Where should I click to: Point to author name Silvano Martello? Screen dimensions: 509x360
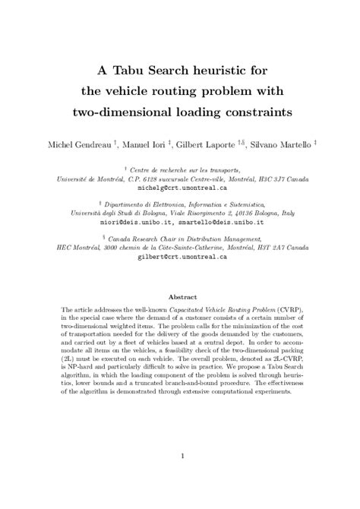(266, 144)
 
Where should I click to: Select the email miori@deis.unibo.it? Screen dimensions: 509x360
(131, 223)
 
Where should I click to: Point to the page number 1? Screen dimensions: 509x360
(180, 456)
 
